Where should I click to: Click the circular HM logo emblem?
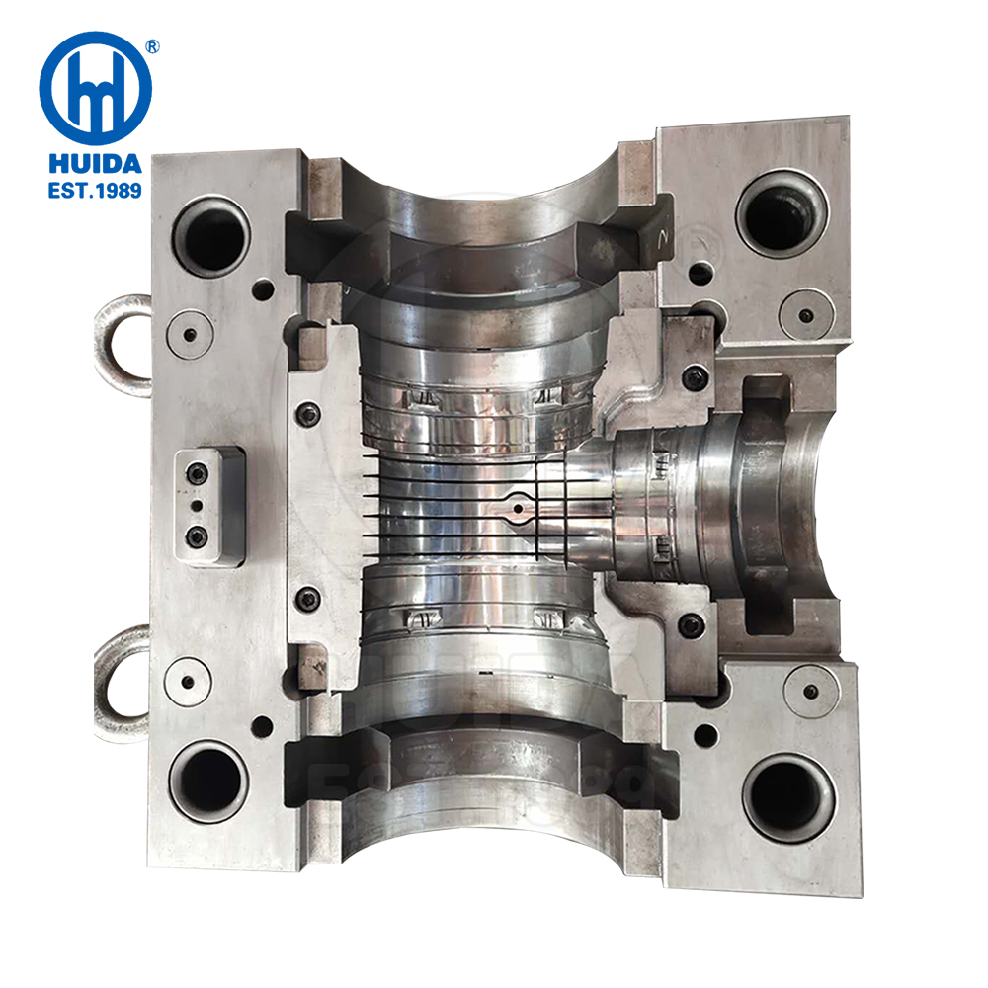[x=95, y=87]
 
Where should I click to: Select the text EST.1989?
[x=95, y=189]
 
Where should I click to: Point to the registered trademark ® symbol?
[x=153, y=45]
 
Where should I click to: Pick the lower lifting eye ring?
[x=120, y=675]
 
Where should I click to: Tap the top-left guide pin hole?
[x=210, y=235]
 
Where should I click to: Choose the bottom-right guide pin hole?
[x=787, y=796]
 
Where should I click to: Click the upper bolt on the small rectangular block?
[x=198, y=475]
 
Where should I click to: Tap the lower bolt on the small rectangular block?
[x=198, y=536]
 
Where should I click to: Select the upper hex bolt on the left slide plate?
[x=308, y=415]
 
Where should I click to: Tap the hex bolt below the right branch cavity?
[x=693, y=624]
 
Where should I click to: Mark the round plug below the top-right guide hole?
[x=806, y=315]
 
